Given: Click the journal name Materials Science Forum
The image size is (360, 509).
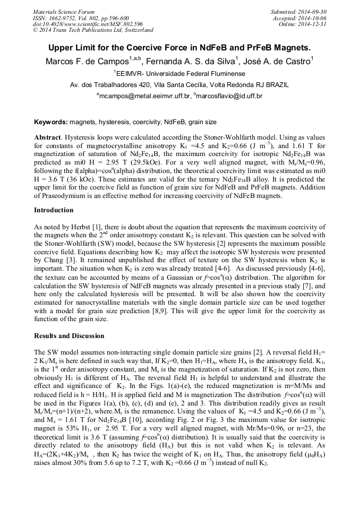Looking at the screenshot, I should coord(63,12).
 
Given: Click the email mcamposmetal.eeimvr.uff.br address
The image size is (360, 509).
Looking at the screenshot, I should coord(144,96).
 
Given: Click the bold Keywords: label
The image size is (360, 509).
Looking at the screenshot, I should coord(51,122).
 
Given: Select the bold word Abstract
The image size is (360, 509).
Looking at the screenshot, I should coord(47,136).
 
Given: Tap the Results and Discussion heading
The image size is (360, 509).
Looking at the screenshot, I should coord(69,335).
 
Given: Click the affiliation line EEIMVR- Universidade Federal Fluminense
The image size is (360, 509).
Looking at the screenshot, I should coord(180,73).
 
